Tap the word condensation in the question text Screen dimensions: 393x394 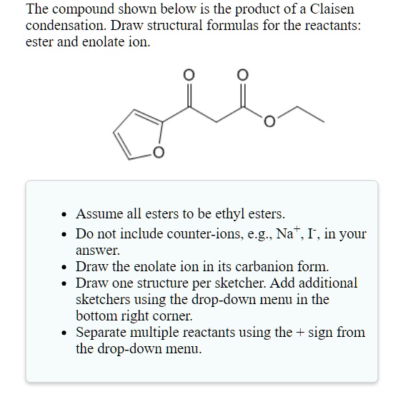pos(65,26)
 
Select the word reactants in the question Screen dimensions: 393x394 pos(334,26)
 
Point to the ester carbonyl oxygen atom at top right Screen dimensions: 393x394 pos(242,74)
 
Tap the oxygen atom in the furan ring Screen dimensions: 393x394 pos(158,152)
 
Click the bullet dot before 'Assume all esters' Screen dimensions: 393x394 pos(64,214)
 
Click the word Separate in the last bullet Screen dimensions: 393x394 pos(101,333)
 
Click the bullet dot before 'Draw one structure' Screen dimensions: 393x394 pos(64,284)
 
